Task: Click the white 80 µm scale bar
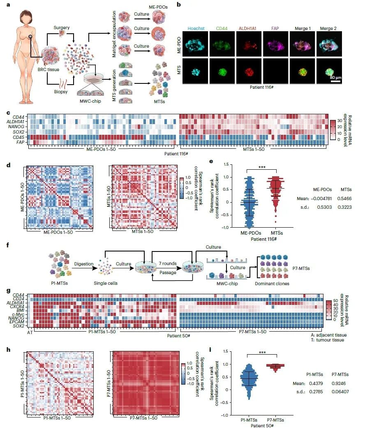[x=335, y=81]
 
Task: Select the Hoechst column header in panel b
[x=196, y=28]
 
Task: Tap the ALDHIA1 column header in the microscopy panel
[x=247, y=28]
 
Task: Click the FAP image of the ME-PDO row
[x=275, y=44]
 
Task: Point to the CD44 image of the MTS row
[x=222, y=71]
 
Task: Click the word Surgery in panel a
[x=62, y=28]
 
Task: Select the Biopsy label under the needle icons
[x=61, y=92]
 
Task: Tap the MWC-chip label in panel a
[x=90, y=101]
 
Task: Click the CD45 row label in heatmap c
[x=18, y=137]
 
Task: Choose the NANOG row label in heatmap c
[x=16, y=127]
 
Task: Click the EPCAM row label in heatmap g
[x=17, y=322]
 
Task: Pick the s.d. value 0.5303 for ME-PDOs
[x=324, y=207]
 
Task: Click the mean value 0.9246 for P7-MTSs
[x=338, y=383]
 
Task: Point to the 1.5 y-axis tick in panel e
[x=226, y=164]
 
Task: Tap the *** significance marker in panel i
[x=262, y=353]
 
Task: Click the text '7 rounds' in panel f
[x=168, y=263]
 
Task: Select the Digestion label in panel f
[x=84, y=264]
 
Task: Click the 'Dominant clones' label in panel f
[x=272, y=284]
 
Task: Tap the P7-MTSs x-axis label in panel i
[x=275, y=420]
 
